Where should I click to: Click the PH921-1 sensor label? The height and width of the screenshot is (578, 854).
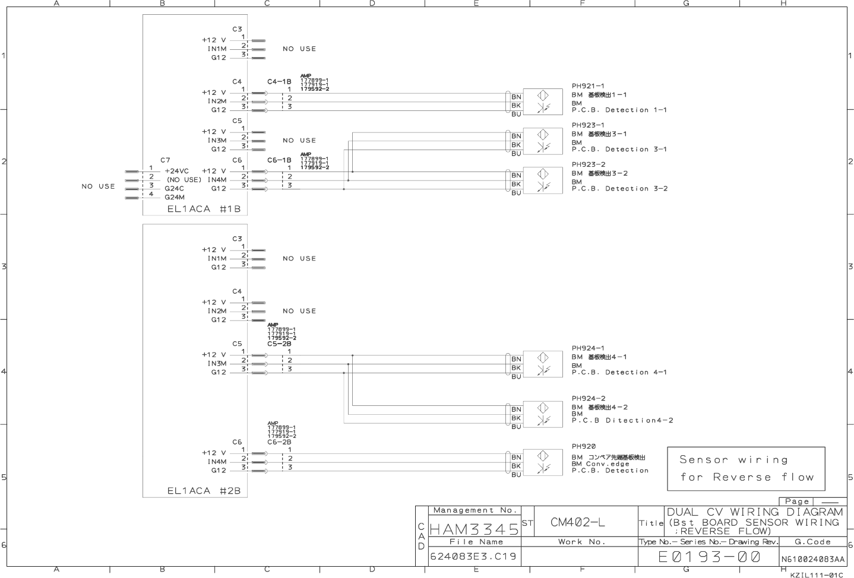[588, 86]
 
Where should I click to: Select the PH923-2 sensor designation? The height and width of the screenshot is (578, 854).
[588, 164]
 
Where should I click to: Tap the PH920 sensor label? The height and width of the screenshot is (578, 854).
[583, 446]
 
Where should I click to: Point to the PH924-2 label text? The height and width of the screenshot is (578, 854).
[588, 398]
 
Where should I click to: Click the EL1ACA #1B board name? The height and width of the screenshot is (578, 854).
[204, 209]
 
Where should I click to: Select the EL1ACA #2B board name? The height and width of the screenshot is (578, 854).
[204, 491]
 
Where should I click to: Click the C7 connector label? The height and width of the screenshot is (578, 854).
[165, 160]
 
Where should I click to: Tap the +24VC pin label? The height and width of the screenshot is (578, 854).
[176, 171]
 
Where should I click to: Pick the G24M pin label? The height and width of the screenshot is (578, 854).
[174, 197]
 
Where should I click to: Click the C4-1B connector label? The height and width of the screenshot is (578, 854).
[279, 82]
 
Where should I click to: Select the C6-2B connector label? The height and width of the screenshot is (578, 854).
[279, 442]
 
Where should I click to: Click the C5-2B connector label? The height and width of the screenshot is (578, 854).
[279, 344]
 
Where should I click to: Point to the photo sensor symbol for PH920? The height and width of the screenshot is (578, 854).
[542, 462]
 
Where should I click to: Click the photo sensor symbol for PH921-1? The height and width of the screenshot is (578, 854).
[542, 101]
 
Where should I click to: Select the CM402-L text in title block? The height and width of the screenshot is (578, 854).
[578, 522]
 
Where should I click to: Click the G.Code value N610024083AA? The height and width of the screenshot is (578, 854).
[812, 559]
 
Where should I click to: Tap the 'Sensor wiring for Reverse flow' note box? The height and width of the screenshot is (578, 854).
[746, 468]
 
